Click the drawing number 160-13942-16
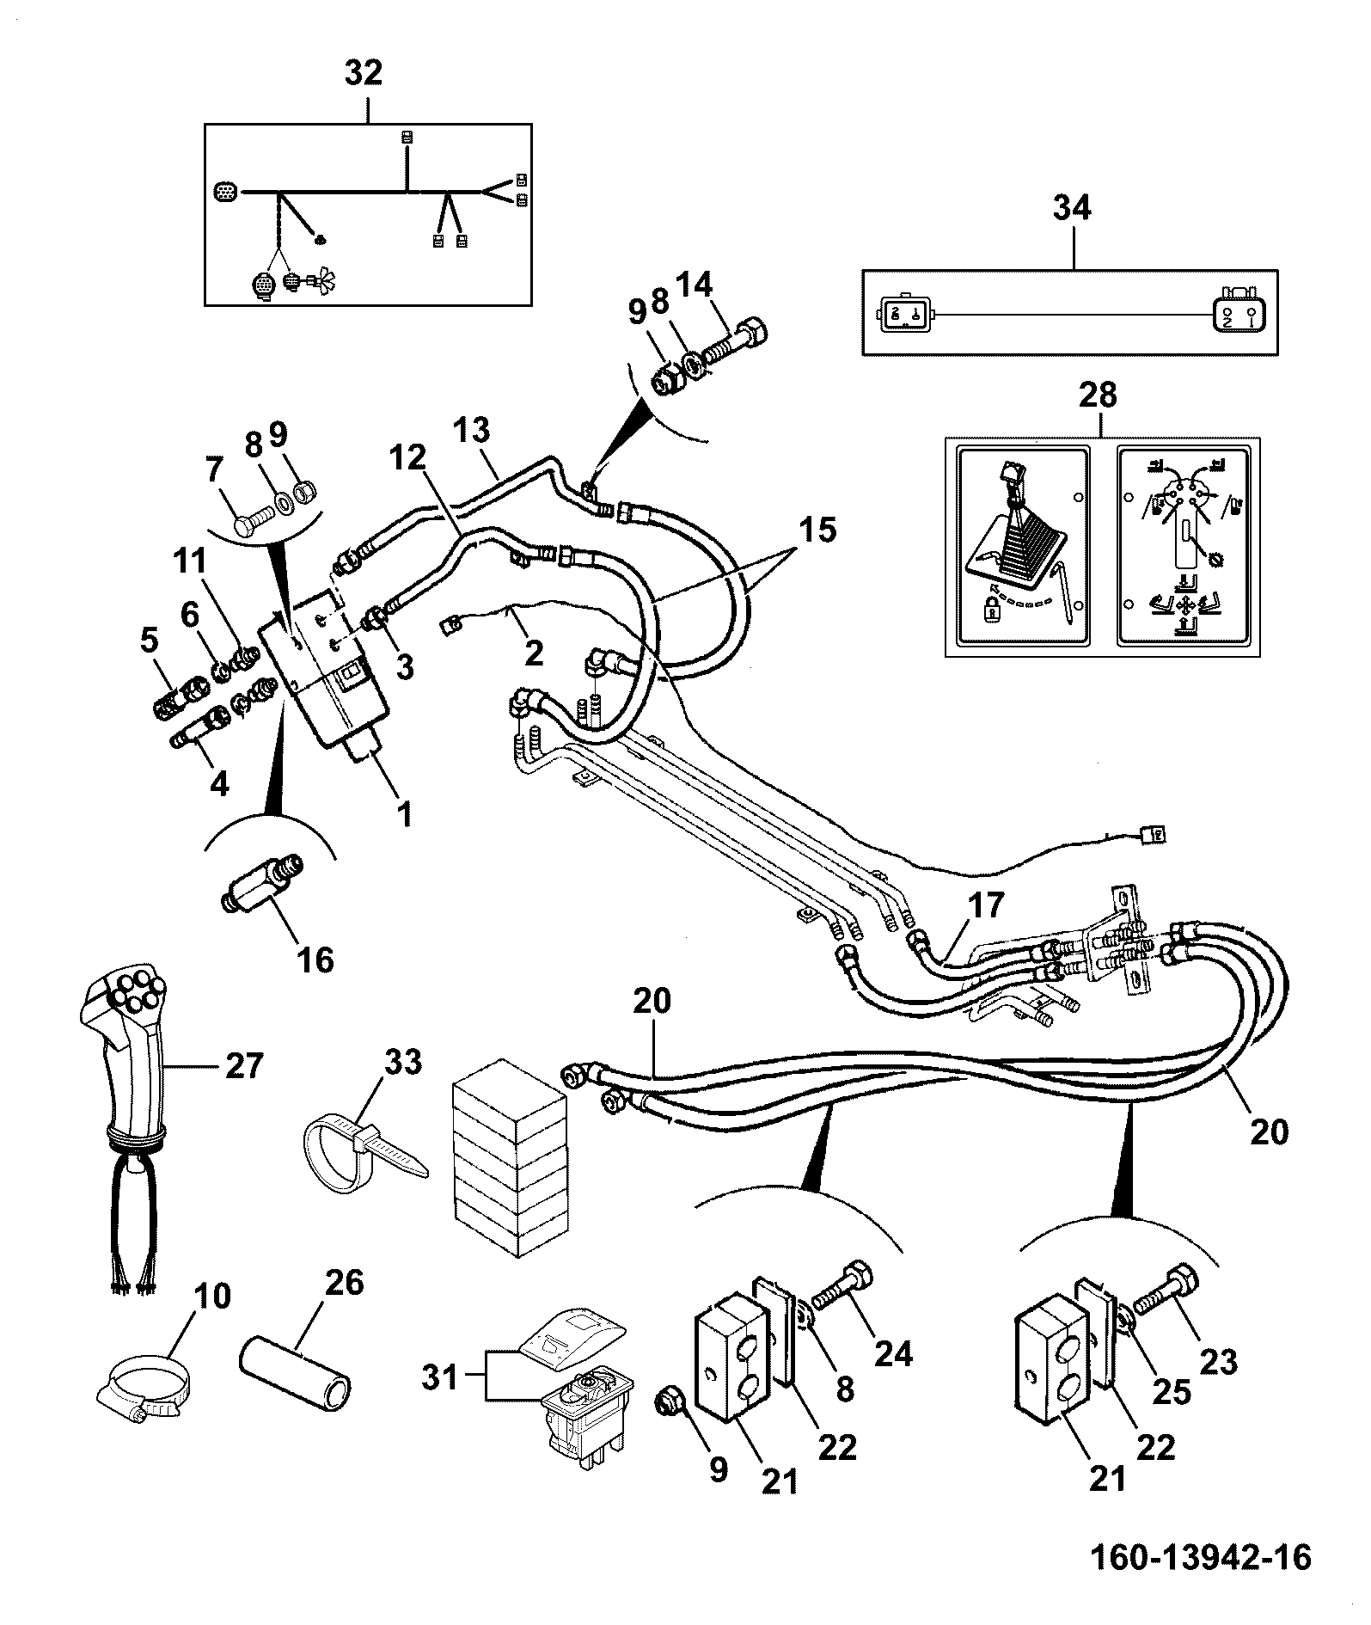pos(1200,1557)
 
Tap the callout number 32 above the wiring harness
pos(363,73)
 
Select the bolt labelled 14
pos(737,344)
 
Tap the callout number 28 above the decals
pos(1099,396)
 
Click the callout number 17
pos(986,905)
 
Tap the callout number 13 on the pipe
pos(474,430)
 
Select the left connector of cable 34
pos(899,315)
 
